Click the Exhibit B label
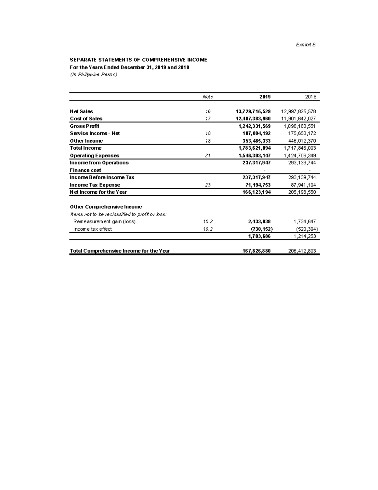pos(306,45)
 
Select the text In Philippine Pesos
pos(93,75)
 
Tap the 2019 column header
pos(265,97)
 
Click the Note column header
pos(208,97)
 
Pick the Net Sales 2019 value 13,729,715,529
pos(253,111)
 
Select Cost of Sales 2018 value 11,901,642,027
pos(298,119)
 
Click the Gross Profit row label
pos(84,126)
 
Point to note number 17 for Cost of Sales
pos(208,119)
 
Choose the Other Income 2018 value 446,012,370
pos(302,141)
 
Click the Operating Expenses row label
pos(94,156)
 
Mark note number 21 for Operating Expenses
pos(208,156)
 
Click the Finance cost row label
pos(85,170)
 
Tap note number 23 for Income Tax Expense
pos(208,185)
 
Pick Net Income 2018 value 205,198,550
pos(302,192)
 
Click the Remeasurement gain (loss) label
pos(104,221)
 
